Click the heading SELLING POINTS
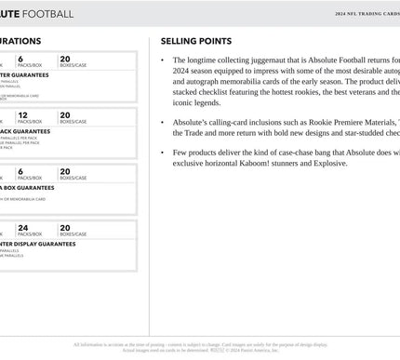coord(195,42)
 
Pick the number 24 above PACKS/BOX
coord(22,227)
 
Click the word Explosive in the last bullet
coord(326,163)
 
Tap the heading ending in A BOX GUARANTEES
coord(27,187)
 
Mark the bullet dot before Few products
coord(163,151)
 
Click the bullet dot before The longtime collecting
coord(163,60)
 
